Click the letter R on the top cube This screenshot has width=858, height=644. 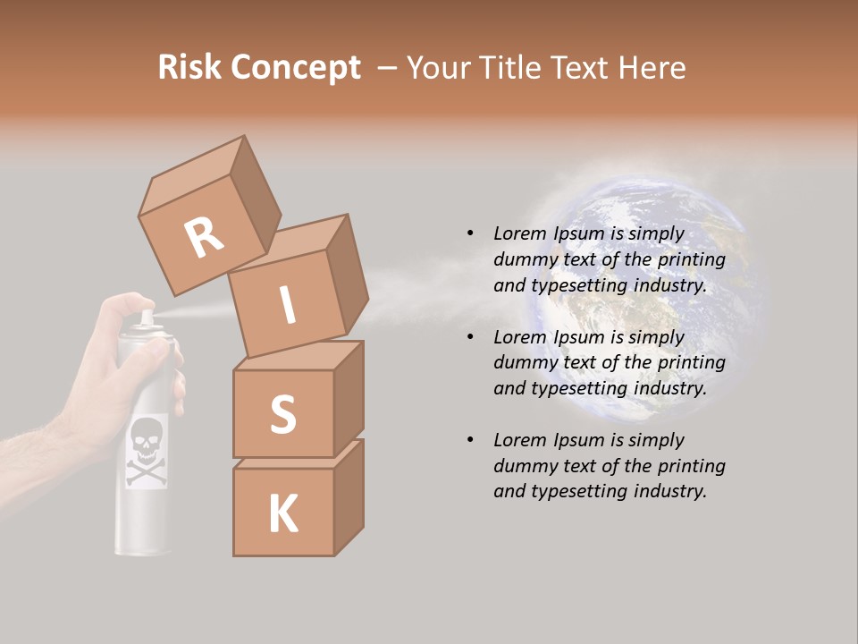tap(204, 238)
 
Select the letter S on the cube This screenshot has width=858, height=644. tap(282, 414)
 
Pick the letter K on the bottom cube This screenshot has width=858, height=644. tap(282, 514)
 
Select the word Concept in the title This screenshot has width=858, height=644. tap(295, 68)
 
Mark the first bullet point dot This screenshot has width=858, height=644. tap(470, 233)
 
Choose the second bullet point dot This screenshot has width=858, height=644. tap(470, 337)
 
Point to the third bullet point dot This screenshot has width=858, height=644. tap(470, 440)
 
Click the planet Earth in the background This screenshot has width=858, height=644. tap(639, 295)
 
